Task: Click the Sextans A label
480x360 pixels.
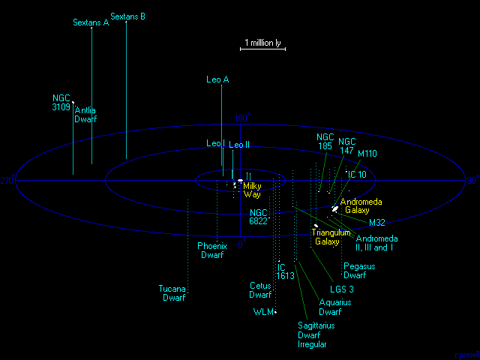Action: coord(91,22)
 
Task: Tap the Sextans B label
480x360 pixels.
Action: coord(127,16)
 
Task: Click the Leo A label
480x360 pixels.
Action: coord(217,79)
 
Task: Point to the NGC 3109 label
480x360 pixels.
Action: coord(61,103)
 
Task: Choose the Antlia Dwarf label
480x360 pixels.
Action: coord(85,115)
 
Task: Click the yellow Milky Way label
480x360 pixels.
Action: coord(252,190)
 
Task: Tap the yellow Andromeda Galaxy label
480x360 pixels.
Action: coord(360,206)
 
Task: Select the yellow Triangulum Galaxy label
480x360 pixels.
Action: coord(331,237)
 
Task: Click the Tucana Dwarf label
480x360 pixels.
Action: coord(173,293)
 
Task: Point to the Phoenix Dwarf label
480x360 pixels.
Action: coord(211,250)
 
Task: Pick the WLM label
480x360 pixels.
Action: coord(262,312)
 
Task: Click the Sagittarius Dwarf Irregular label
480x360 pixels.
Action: coord(316,335)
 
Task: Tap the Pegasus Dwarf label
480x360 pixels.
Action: coord(359,271)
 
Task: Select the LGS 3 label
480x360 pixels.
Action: coord(341,289)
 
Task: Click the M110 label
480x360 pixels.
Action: coord(367,153)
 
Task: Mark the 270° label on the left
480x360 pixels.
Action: coord(7,181)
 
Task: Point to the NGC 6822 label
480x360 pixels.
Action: coord(258,217)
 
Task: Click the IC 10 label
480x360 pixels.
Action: coord(356,175)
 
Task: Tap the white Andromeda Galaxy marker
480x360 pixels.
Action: coord(334,208)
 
